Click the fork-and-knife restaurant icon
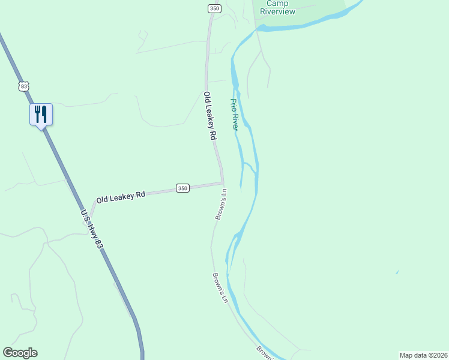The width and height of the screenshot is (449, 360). point(41,113)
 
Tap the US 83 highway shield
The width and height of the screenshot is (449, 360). point(23,86)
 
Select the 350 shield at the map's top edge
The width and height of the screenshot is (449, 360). point(214,8)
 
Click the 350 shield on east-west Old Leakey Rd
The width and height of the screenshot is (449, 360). point(183,188)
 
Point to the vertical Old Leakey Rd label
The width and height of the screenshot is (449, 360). point(209,116)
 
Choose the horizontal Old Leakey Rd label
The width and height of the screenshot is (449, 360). point(121,196)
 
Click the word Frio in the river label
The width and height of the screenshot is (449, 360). point(233,105)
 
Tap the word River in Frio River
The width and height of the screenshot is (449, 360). point(236,122)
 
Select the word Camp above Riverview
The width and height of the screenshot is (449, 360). point(277,3)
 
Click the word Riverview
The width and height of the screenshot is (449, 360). point(277,11)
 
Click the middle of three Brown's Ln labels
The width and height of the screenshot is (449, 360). point(220,288)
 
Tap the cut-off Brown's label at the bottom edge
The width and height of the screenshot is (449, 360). point(265,353)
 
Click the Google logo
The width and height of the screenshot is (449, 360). point(20,353)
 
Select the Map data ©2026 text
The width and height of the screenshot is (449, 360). point(423,355)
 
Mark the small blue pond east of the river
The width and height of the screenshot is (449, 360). point(397,272)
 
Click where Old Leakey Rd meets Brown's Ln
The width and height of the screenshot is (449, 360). point(223,184)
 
